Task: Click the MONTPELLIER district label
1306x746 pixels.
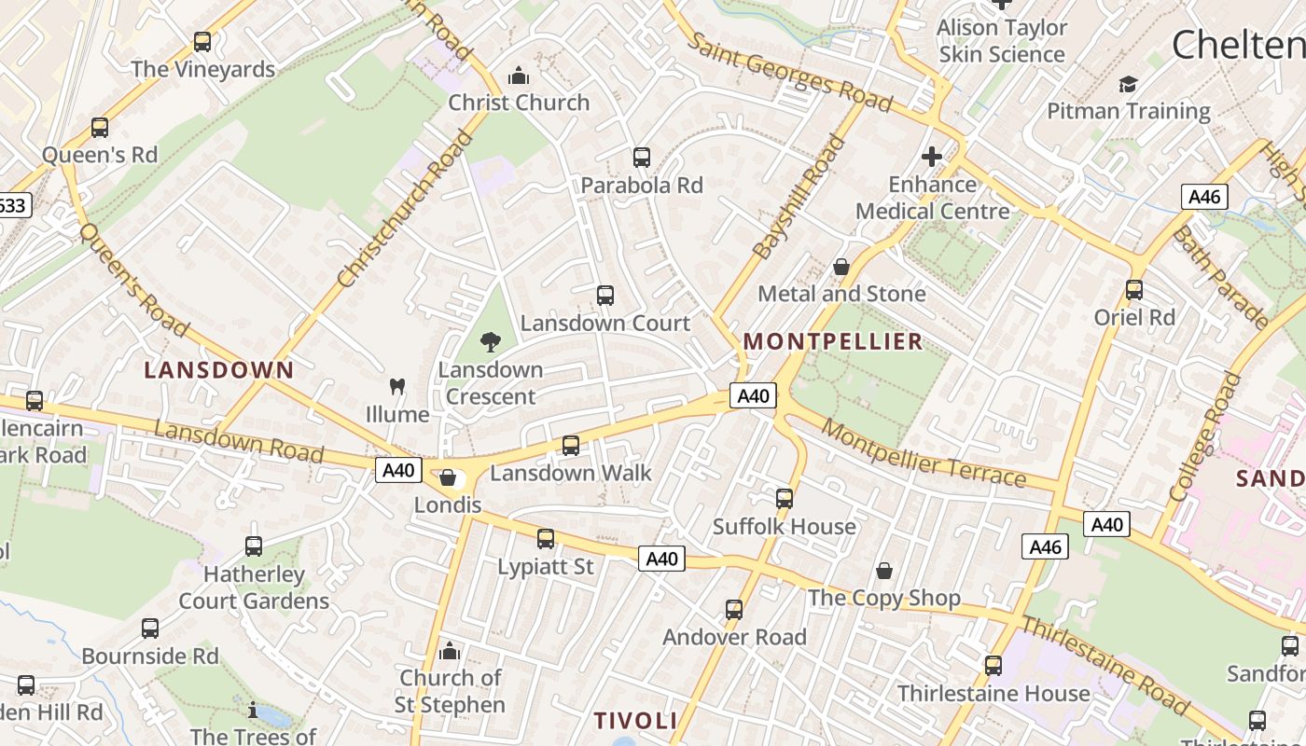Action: click(833, 341)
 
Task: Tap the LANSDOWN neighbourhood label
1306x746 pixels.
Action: click(219, 370)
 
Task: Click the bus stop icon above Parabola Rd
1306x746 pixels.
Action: click(641, 157)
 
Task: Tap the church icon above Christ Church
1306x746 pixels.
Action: click(518, 76)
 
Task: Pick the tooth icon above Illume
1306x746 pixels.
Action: click(397, 386)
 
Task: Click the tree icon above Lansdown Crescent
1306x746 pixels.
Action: click(490, 342)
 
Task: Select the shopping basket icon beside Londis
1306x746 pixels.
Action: click(448, 477)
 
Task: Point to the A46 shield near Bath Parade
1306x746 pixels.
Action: click(1204, 197)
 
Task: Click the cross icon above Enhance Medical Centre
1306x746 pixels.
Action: click(931, 157)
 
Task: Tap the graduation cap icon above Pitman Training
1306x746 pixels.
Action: click(1128, 84)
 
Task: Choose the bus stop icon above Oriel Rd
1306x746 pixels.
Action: click(1134, 289)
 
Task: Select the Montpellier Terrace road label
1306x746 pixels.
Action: click(924, 456)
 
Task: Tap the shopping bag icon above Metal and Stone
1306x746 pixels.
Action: click(841, 267)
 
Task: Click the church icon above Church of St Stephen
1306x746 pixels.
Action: click(450, 650)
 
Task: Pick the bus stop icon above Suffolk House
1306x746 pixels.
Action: click(785, 498)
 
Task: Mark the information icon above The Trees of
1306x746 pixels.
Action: click(253, 711)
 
